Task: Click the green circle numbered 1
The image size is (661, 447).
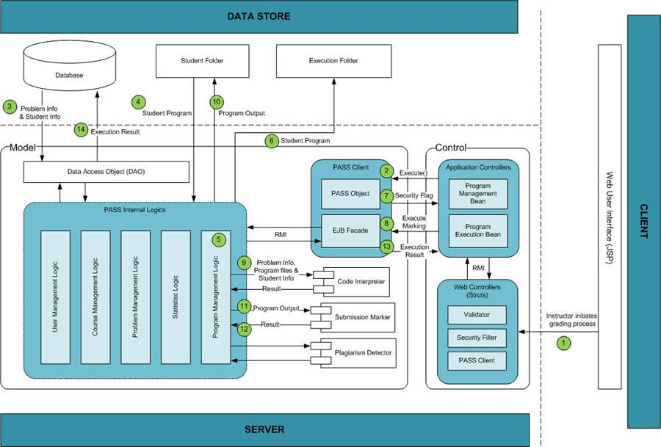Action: coord(564,342)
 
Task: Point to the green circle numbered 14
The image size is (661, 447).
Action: coord(81,130)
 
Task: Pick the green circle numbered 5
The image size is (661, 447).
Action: coord(218,239)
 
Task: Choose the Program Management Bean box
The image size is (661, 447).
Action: coord(478,193)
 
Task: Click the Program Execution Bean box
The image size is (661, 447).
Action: coord(478,231)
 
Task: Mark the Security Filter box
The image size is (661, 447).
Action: coord(477,338)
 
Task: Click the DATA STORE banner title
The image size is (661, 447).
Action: coord(259,16)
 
